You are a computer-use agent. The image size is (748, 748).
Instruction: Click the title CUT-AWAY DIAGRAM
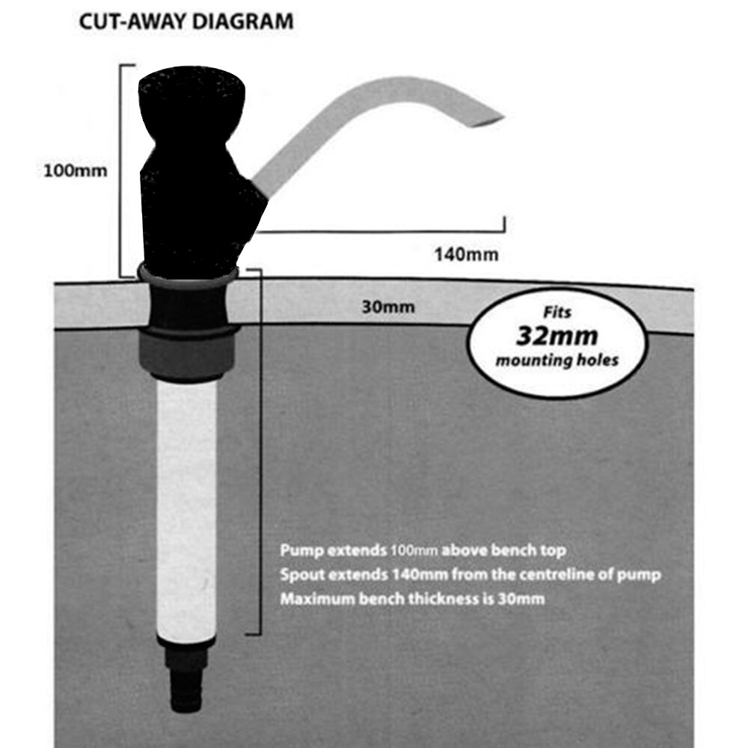[x=186, y=21]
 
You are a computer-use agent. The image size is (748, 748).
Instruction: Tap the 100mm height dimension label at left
[x=76, y=170]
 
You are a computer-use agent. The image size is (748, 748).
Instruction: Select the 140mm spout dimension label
[x=466, y=254]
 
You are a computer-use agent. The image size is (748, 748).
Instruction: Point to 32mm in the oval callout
[x=558, y=336]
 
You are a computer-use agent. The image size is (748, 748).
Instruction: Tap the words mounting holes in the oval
[x=557, y=360]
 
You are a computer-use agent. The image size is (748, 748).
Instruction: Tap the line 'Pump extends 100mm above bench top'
[x=423, y=551]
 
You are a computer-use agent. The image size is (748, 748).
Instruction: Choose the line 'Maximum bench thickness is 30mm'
[x=412, y=598]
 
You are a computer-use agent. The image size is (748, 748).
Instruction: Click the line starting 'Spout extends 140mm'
[x=470, y=574]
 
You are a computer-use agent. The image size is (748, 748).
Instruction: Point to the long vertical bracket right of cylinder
[x=260, y=449]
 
